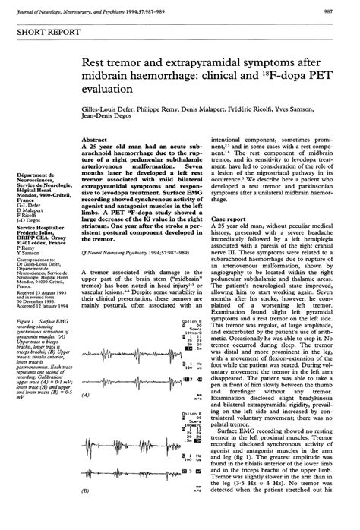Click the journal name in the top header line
tap(91, 10)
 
